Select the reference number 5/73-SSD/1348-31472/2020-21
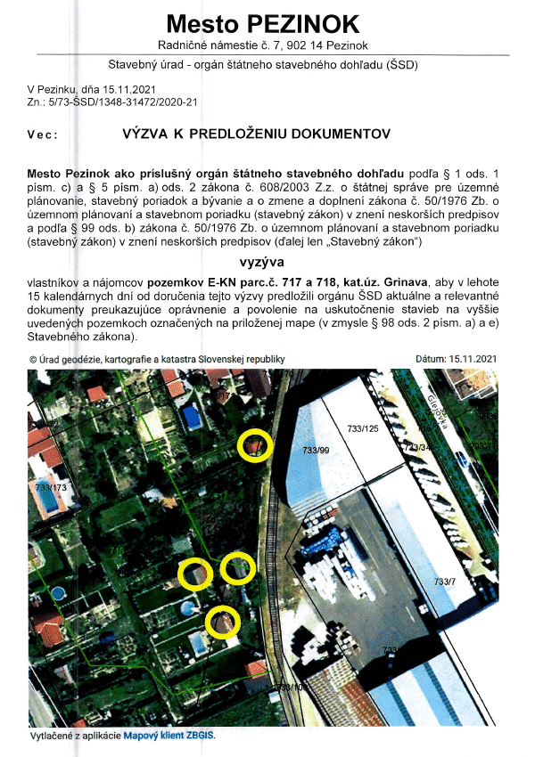pos(124,102)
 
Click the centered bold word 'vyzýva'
pos(262,263)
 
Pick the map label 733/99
pos(317,452)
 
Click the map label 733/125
pos(363,430)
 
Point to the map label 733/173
pos(52,488)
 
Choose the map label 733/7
pos(444,582)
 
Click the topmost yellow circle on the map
pos(256,444)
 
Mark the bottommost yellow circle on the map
pos(222,623)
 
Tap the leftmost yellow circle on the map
pos(194,574)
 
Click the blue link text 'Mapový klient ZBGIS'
pos(169,737)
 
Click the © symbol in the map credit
pos(33,359)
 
